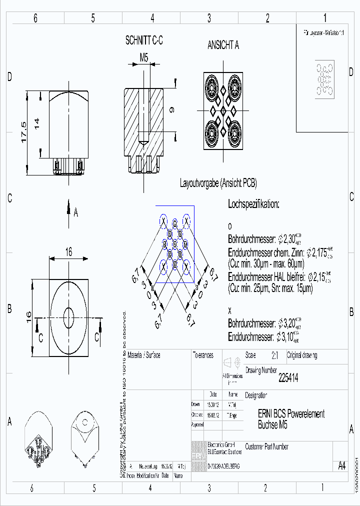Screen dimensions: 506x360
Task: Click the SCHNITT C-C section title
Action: click(143, 41)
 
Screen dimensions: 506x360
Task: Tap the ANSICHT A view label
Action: click(223, 45)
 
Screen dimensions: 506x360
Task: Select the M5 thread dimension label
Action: click(143, 57)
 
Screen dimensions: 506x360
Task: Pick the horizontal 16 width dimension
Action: click(68, 252)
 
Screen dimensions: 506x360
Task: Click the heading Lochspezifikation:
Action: click(253, 204)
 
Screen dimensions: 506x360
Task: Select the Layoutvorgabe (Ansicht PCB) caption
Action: click(218, 183)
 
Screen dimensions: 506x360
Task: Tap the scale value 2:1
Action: click(274, 355)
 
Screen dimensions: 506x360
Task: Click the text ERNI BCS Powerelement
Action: click(291, 414)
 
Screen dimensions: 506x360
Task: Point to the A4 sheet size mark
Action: click(341, 466)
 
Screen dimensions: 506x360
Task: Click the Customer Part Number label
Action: click(266, 446)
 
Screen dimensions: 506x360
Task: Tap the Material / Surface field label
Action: click(144, 355)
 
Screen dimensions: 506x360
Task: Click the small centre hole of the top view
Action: click(68, 317)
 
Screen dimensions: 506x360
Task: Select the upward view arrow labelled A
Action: click(69, 212)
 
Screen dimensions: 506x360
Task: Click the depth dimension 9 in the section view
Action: click(171, 110)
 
